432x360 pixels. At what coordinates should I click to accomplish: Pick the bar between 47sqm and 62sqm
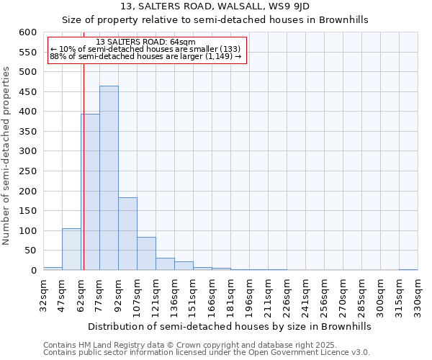(71, 249)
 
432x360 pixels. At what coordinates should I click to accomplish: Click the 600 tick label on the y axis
(27, 32)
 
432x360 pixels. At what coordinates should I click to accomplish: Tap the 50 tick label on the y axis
(30, 251)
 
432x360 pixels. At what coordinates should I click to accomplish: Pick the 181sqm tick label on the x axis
(231, 297)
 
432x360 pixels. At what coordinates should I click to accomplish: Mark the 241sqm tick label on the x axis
(306, 297)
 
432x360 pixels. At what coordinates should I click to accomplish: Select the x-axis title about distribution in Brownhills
(230, 326)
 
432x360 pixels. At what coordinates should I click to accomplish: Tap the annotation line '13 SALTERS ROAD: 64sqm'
(145, 42)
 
